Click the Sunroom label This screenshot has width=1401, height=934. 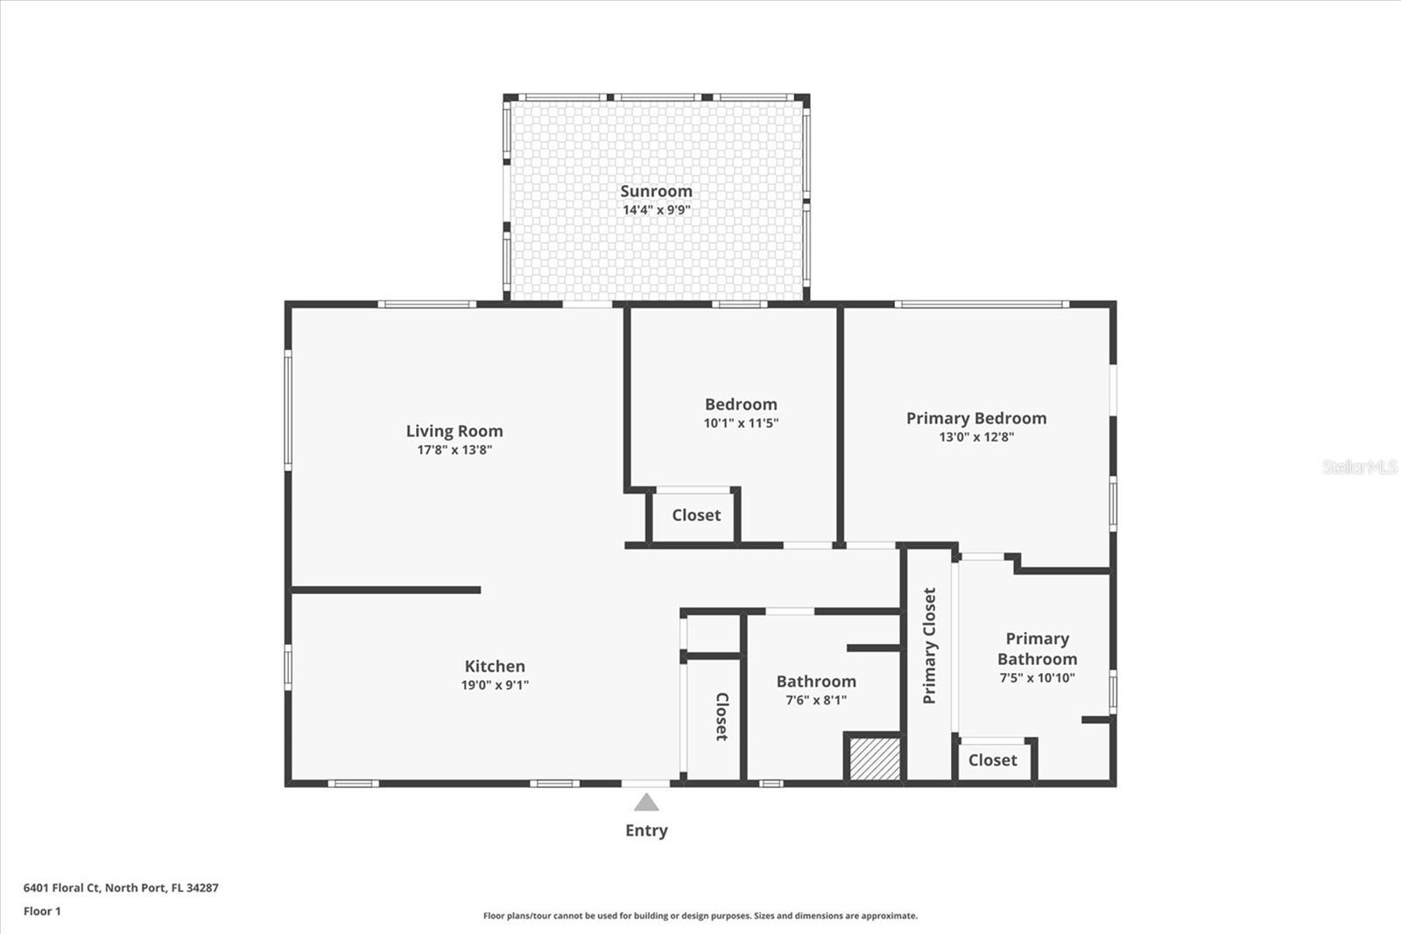point(656,191)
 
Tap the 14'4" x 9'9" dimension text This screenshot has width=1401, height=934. point(656,210)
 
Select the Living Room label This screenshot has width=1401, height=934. point(454,431)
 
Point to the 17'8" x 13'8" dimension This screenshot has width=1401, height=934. point(454,450)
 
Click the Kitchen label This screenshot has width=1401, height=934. point(495,667)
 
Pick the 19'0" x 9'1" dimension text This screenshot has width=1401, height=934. point(495,685)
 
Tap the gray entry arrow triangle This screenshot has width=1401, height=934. point(646,803)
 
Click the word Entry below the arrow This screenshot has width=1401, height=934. point(646,831)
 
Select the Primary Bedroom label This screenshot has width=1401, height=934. point(975,419)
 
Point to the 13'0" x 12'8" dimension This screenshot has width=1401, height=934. point(975,437)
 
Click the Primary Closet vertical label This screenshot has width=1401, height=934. point(929,646)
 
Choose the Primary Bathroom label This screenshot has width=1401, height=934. point(1037,649)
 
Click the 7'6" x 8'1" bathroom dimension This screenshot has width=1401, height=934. point(815,700)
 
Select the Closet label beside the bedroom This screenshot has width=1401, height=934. point(696,515)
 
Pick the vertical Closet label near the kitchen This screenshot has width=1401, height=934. point(722,717)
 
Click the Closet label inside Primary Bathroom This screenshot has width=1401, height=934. point(992,761)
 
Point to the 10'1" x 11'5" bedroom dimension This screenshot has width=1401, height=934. point(741,423)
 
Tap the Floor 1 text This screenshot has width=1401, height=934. point(42,911)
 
